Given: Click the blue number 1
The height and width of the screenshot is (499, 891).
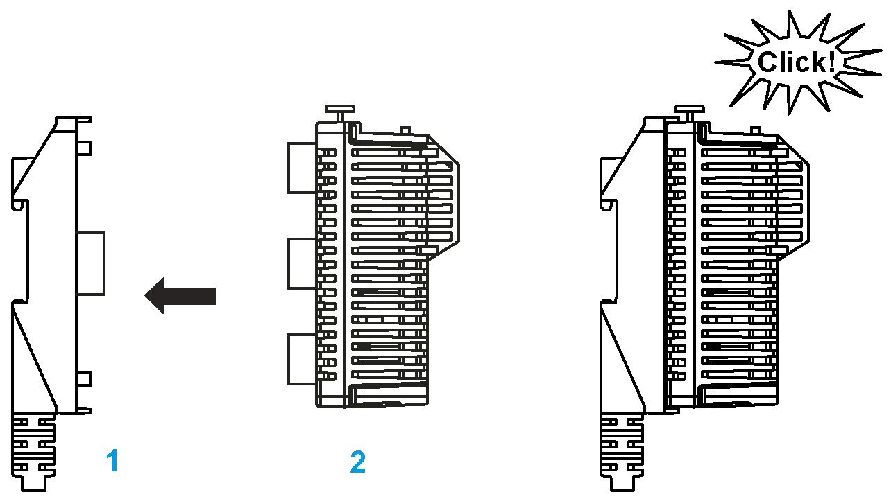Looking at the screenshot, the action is coord(113,461).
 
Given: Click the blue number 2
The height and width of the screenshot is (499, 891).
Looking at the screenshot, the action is coord(357,462).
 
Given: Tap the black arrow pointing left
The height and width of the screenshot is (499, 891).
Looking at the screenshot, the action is coord(180,295).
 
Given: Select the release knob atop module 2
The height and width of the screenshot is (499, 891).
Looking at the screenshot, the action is coord(340,114).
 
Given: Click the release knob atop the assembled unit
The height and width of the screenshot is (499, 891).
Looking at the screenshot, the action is coord(689,114).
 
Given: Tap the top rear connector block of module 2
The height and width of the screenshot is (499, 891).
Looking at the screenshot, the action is coord(302,168).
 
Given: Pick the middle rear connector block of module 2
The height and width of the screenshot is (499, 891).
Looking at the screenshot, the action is coord(302,263).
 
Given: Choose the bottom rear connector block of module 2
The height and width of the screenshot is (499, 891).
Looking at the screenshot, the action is coord(302,360).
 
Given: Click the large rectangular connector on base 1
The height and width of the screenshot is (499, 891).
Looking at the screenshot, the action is coord(91,264).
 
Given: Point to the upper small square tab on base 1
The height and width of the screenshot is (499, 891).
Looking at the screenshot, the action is coord(84,148).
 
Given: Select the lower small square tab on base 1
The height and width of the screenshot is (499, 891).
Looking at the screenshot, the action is coord(84,379).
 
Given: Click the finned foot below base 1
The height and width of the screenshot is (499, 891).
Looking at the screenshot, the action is coord(33,453).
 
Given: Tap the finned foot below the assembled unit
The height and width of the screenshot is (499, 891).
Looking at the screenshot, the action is coord(621,453).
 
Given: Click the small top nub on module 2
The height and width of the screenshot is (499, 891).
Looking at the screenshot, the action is coord(405,130).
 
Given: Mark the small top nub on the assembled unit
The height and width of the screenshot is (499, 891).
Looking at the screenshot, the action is coord(755,130).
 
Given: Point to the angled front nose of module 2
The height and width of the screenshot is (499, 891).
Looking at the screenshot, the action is coord(443,198).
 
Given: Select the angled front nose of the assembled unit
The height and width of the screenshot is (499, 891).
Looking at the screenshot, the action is coord(793,198).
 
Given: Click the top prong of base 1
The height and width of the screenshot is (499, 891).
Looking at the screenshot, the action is coord(83,120).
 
